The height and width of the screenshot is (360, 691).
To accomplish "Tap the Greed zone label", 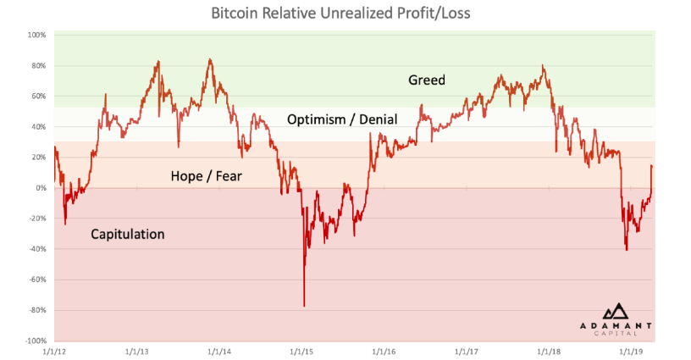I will coord(426,80).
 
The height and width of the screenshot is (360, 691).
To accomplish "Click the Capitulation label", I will coord(127,234).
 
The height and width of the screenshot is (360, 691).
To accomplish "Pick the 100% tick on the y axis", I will coord(36,35).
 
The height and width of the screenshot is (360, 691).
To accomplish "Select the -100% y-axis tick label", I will coord(35,341).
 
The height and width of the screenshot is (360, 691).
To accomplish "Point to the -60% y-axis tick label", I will coord(37,280).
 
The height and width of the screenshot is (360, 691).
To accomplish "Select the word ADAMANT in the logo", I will coord(616,325).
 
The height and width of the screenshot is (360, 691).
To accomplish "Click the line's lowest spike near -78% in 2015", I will coord(304,306).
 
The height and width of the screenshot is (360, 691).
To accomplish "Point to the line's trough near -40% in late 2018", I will coord(627,250).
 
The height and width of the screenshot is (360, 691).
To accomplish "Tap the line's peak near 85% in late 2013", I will coord(210,59).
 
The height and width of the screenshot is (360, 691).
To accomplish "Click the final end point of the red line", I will coord(651,166).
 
